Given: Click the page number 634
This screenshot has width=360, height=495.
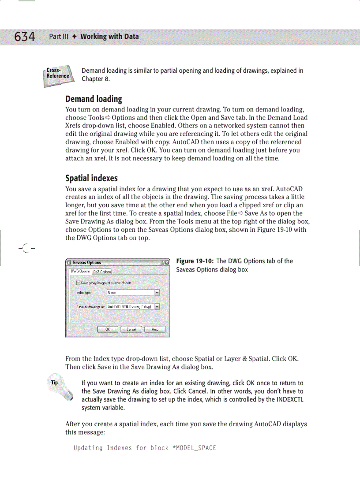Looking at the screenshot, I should [24, 36].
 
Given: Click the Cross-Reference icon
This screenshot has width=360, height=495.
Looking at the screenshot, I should [58, 75].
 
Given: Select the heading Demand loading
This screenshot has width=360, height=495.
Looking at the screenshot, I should [94, 99].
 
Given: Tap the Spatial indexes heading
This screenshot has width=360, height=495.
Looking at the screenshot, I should [91, 178].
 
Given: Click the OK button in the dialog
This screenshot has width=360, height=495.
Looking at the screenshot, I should [108, 329].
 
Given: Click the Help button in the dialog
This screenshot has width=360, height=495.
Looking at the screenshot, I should [155, 329].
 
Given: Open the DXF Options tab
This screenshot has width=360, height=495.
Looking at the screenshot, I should [102, 272].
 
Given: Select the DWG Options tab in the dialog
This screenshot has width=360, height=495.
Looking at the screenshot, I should [81, 271].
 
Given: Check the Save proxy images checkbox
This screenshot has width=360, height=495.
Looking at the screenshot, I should [79, 283].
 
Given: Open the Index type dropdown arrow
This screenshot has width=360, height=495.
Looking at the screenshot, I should [157, 292].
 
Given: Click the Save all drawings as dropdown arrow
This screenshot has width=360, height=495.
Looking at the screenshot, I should [157, 307].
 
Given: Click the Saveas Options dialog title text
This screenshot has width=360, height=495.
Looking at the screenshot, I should [86, 263].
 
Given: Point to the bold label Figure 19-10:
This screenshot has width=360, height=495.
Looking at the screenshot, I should [195, 261].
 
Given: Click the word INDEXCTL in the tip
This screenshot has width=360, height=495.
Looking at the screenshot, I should [289, 399].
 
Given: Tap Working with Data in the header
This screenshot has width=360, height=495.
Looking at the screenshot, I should [109, 36].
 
